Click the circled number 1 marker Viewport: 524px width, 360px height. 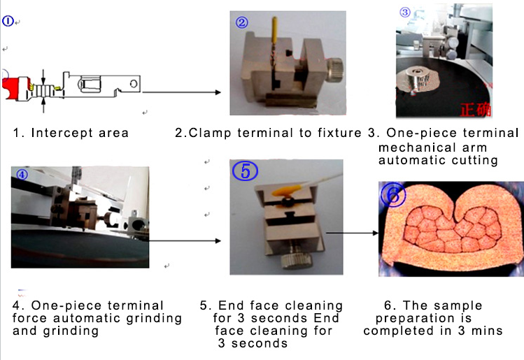click(x=8, y=21)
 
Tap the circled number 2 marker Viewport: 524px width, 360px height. click(x=242, y=22)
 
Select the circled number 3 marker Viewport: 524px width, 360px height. click(x=405, y=12)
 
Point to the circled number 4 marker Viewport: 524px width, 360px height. click(x=22, y=175)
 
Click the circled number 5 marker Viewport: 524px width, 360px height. click(x=246, y=171)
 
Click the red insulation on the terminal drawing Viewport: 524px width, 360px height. click(x=13, y=88)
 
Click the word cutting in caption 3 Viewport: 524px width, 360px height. click(x=476, y=160)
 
